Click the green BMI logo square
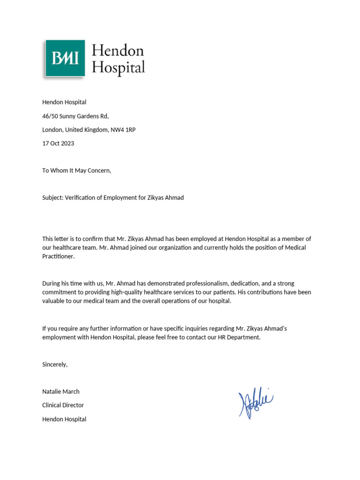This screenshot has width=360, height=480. (x=65, y=58)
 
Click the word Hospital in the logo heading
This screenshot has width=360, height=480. (x=118, y=67)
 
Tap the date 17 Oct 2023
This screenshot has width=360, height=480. (x=58, y=143)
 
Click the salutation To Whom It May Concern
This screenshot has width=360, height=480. (x=77, y=171)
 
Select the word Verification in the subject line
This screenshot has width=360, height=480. (x=81, y=198)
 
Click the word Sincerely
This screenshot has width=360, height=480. (x=55, y=364)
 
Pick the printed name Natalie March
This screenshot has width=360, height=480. (x=61, y=391)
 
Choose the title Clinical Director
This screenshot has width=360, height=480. (x=63, y=405)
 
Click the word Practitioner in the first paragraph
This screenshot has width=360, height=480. (x=58, y=257)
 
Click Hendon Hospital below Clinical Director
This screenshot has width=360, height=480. (x=64, y=419)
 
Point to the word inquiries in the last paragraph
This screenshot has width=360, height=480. (x=211, y=329)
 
